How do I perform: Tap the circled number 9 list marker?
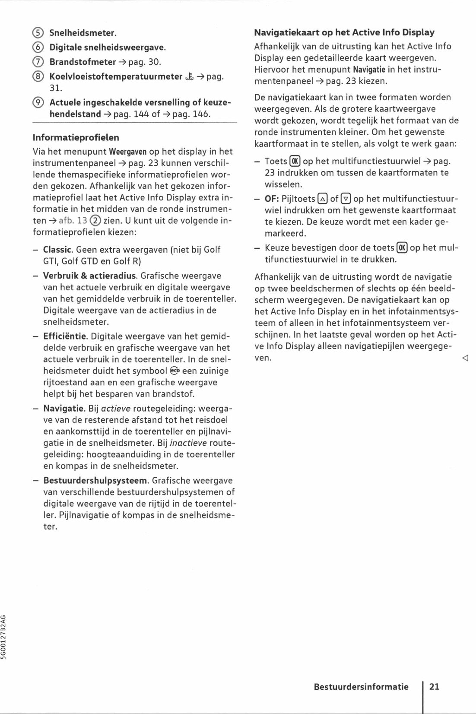point(38,103)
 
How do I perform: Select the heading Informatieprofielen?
point(76,138)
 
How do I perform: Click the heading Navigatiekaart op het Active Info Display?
point(344,32)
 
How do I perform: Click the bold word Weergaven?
point(128,152)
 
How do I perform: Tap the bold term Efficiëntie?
point(65,336)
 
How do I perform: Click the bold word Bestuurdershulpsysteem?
point(96,481)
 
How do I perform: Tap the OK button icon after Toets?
point(295,162)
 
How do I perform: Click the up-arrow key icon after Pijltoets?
point(322,199)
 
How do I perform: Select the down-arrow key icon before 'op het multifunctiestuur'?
point(346,199)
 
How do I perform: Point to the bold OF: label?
point(272,199)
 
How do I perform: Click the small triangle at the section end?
point(465,358)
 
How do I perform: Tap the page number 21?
point(435,687)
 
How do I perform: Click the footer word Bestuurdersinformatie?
point(361,687)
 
